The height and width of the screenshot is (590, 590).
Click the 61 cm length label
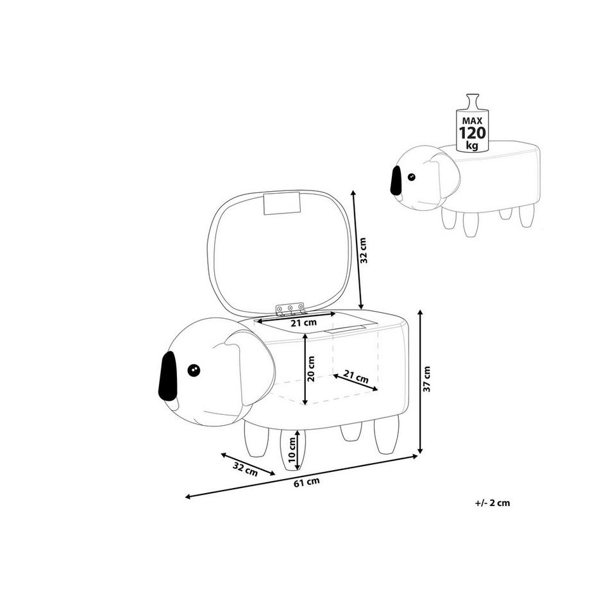(x=307, y=482)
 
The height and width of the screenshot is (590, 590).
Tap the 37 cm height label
(x=426, y=379)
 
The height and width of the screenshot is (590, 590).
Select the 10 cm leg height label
(x=292, y=450)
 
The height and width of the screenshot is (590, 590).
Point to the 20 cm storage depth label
(x=311, y=369)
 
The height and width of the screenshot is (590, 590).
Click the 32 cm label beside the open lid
(x=363, y=250)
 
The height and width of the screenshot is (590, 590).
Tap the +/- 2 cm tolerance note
(x=493, y=503)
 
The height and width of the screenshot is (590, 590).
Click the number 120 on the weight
(x=472, y=133)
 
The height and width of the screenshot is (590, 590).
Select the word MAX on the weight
(x=472, y=121)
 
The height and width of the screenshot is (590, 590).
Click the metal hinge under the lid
(x=290, y=309)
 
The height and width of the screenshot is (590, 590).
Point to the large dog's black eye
(x=194, y=370)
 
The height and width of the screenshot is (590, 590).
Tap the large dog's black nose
(x=167, y=376)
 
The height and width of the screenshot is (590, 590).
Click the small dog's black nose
(x=396, y=180)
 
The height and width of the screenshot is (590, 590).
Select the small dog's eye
(x=412, y=176)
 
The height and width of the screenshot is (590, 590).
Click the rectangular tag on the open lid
(x=282, y=203)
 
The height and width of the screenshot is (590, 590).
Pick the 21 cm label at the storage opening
(x=303, y=323)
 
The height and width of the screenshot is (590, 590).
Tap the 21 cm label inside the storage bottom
(x=356, y=377)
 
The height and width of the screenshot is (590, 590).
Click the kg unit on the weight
(x=472, y=146)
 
